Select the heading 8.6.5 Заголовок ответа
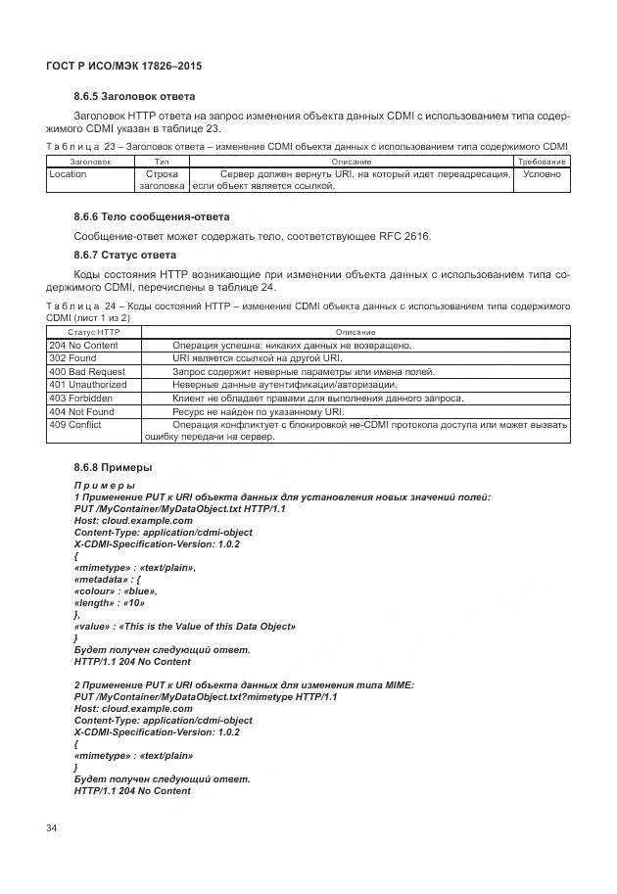click(x=134, y=96)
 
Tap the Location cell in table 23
click(x=69, y=174)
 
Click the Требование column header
click(x=542, y=161)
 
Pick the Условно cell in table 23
click(x=542, y=174)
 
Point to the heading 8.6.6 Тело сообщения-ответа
click(x=152, y=216)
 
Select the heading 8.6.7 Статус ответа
click(x=125, y=255)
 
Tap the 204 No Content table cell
click(x=83, y=346)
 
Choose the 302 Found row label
click(x=72, y=358)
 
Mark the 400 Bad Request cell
click(x=87, y=372)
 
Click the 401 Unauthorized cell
click(x=88, y=385)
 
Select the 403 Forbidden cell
click(x=81, y=399)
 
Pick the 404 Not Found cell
click(x=81, y=411)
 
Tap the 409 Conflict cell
click(x=75, y=425)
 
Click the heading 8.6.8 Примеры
click(x=114, y=467)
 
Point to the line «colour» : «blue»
click(x=116, y=591)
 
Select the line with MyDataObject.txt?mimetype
click(x=206, y=697)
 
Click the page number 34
click(x=52, y=828)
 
